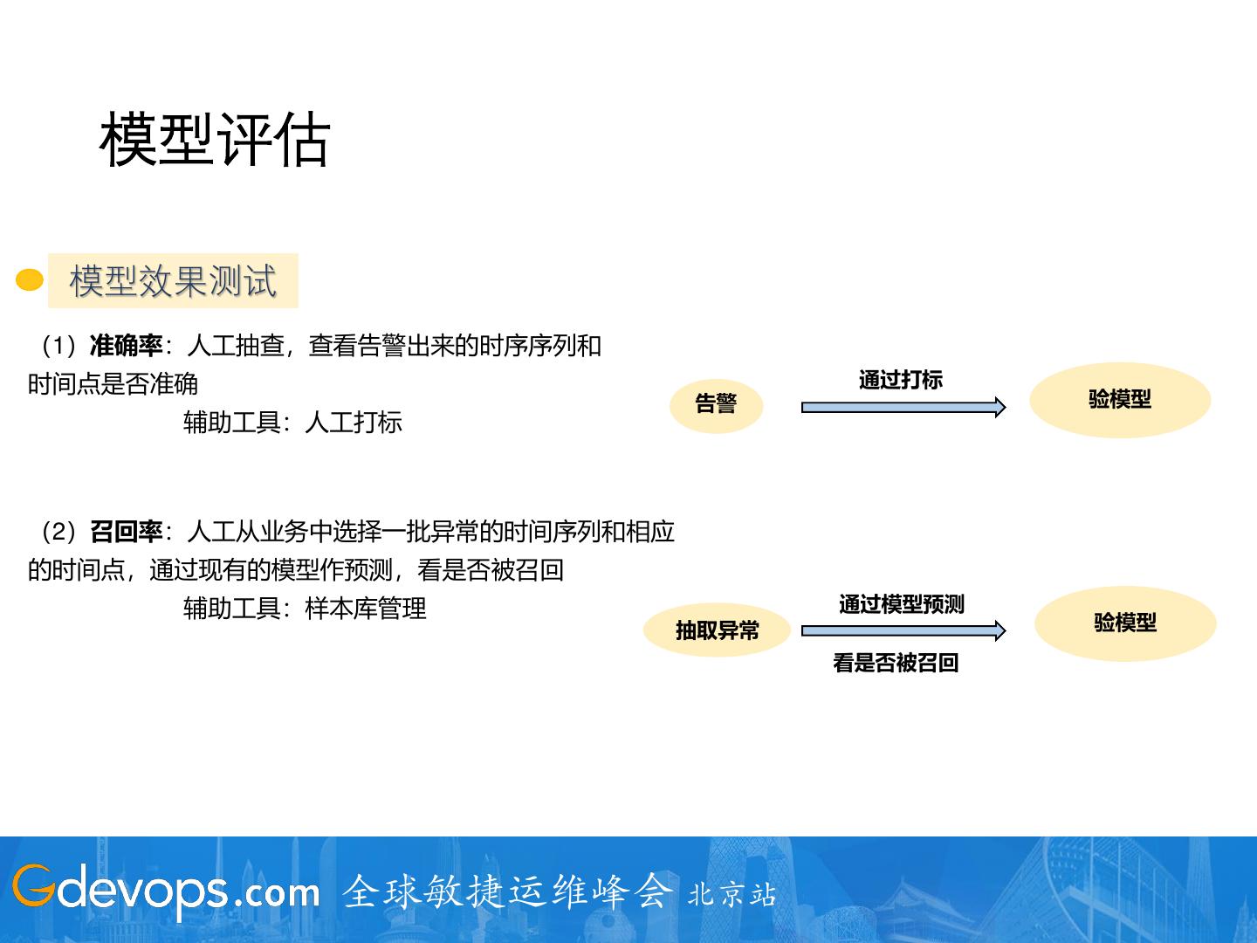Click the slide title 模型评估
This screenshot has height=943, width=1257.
(215, 140)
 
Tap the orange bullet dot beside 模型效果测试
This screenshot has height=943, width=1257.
(30, 280)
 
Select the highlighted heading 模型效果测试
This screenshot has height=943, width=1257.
(173, 281)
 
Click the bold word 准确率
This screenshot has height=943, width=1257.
(127, 347)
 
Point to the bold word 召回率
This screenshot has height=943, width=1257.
(127, 532)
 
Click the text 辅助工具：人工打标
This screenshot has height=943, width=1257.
(292, 423)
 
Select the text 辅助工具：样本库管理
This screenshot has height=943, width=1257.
(305, 609)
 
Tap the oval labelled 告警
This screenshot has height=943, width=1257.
(716, 404)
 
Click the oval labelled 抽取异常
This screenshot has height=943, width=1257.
(717, 630)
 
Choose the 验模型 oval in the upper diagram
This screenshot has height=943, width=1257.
(1120, 400)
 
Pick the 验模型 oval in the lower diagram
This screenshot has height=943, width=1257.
(1125, 623)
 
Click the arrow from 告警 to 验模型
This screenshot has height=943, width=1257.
(903, 407)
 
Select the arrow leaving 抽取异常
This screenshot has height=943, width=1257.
(903, 630)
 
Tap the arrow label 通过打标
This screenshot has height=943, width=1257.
(901, 380)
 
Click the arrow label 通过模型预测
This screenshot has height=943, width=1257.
(902, 604)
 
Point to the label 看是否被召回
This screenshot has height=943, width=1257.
(896, 664)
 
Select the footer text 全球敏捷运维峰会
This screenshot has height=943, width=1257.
(508, 891)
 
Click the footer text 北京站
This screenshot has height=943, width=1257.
(732, 895)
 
